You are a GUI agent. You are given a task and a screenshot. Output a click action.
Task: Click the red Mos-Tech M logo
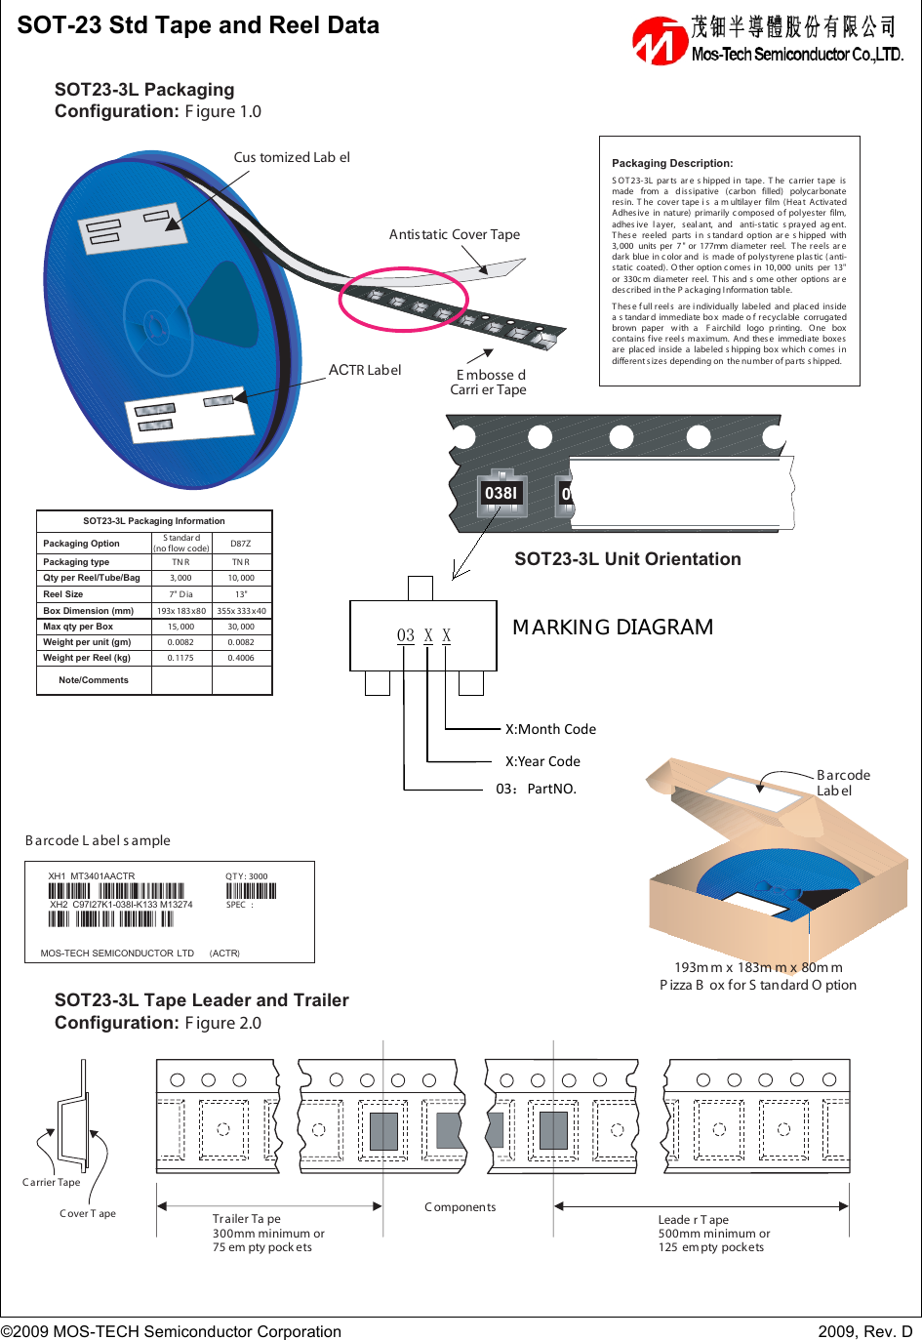pyautogui.click(x=660, y=41)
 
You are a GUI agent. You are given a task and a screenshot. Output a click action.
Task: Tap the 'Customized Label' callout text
pyautogui.click(x=291, y=157)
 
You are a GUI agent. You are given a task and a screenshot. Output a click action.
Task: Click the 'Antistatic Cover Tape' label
pyautogui.click(x=454, y=234)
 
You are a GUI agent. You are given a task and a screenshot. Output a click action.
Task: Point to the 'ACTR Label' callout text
pyautogui.click(x=364, y=370)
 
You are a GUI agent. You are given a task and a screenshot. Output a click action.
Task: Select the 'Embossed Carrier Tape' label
pyautogui.click(x=489, y=383)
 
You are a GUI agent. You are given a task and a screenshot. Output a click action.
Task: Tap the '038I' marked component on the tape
pyautogui.click(x=501, y=494)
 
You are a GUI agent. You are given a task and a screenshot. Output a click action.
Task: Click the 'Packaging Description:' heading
pyautogui.click(x=671, y=163)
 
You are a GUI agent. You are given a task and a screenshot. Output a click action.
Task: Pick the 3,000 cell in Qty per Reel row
pyautogui.click(x=181, y=578)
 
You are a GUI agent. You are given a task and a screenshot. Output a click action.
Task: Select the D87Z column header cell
pyautogui.click(x=241, y=544)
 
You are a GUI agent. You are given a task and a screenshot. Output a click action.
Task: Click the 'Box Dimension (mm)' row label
pyautogui.click(x=89, y=611)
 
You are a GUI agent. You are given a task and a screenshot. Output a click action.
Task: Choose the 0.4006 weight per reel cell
pyautogui.click(x=241, y=658)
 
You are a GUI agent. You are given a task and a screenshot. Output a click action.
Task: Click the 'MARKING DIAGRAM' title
pyautogui.click(x=613, y=628)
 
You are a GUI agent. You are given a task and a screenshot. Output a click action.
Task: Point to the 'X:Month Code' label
pyautogui.click(x=550, y=729)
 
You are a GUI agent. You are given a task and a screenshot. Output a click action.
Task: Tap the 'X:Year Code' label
pyautogui.click(x=542, y=761)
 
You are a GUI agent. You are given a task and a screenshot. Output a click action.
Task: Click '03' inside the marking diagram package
pyautogui.click(x=406, y=635)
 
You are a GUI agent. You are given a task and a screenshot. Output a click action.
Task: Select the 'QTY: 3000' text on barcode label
pyautogui.click(x=246, y=876)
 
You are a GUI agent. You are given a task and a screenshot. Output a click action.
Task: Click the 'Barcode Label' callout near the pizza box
pyautogui.click(x=843, y=783)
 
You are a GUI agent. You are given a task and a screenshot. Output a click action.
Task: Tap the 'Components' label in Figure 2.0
pyautogui.click(x=460, y=1207)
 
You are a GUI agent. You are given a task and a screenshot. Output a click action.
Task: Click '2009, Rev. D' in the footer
pyautogui.click(x=864, y=1331)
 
